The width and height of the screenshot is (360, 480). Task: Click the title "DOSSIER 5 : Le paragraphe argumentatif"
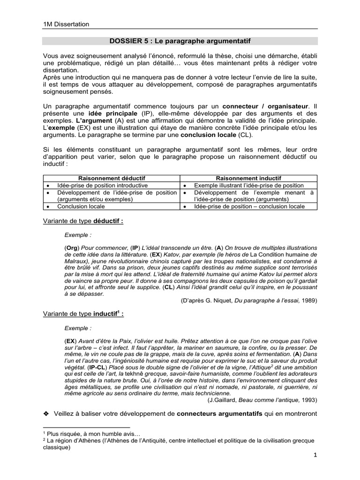click(180, 41)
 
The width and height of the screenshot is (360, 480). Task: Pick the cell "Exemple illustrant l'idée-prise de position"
click(249, 186)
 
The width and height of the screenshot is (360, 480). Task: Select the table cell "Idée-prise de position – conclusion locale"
click(249, 206)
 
